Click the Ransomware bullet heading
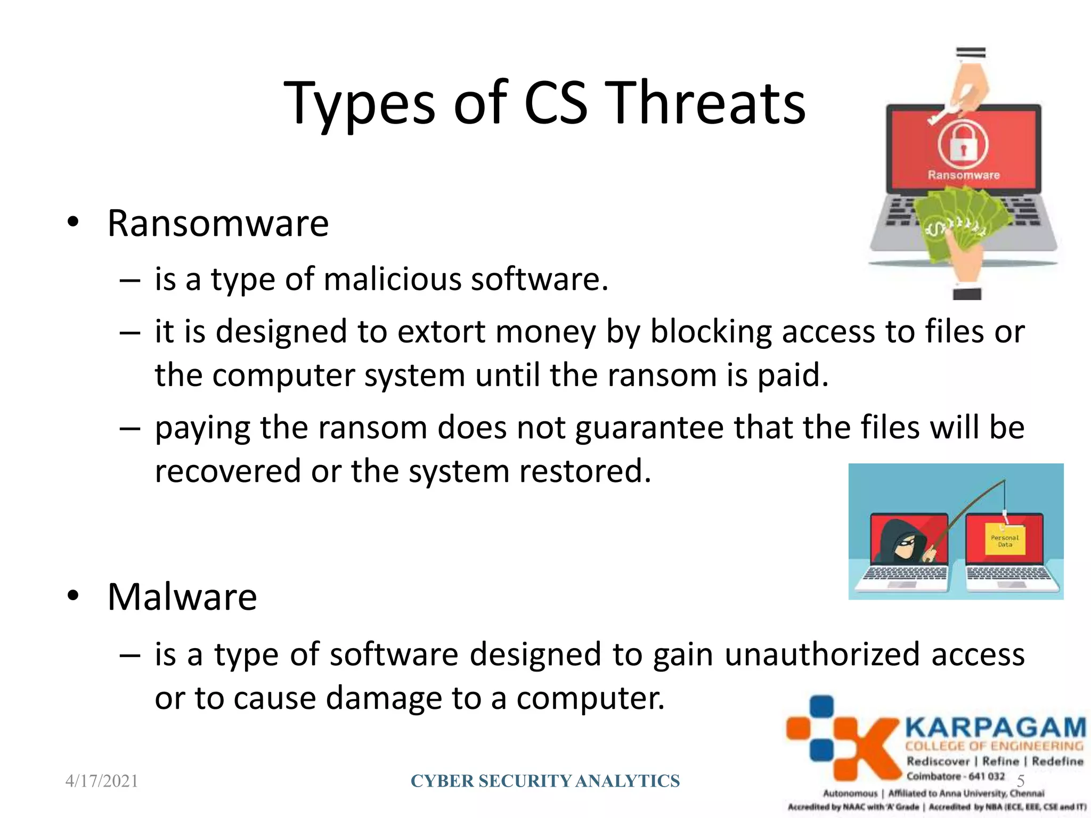coord(218,224)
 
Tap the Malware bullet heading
coord(182,597)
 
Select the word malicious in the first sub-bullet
coord(392,280)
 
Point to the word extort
coord(442,332)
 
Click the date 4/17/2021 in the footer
coord(102,781)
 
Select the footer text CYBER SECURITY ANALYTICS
coord(545,781)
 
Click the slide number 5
coord(1021,781)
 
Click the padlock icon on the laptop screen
coord(963,145)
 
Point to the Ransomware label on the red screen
coord(963,175)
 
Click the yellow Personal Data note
coord(1005,541)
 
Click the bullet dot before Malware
coord(73,596)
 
